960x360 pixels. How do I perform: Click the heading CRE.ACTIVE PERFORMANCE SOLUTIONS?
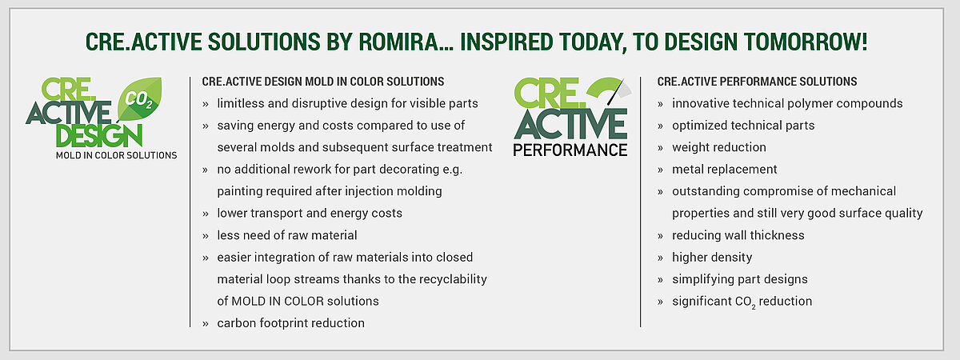click(x=757, y=82)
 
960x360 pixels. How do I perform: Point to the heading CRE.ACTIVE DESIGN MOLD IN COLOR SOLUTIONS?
click(x=323, y=82)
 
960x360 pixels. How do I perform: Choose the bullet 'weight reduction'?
click(x=718, y=147)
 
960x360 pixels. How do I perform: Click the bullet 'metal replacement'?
click(x=724, y=170)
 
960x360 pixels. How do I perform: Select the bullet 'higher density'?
click(x=712, y=258)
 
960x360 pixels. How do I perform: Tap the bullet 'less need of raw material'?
click(x=287, y=235)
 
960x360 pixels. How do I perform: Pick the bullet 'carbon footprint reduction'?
click(x=290, y=323)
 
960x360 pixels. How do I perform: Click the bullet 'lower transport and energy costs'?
click(x=310, y=214)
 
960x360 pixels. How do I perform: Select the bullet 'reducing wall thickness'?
click(x=738, y=235)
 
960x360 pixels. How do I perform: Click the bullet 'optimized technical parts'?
click(x=743, y=126)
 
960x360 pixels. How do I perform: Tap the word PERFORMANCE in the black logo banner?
click(x=570, y=149)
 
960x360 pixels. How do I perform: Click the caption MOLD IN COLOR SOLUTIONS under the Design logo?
click(x=116, y=154)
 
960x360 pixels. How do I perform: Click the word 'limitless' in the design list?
click(x=242, y=103)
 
